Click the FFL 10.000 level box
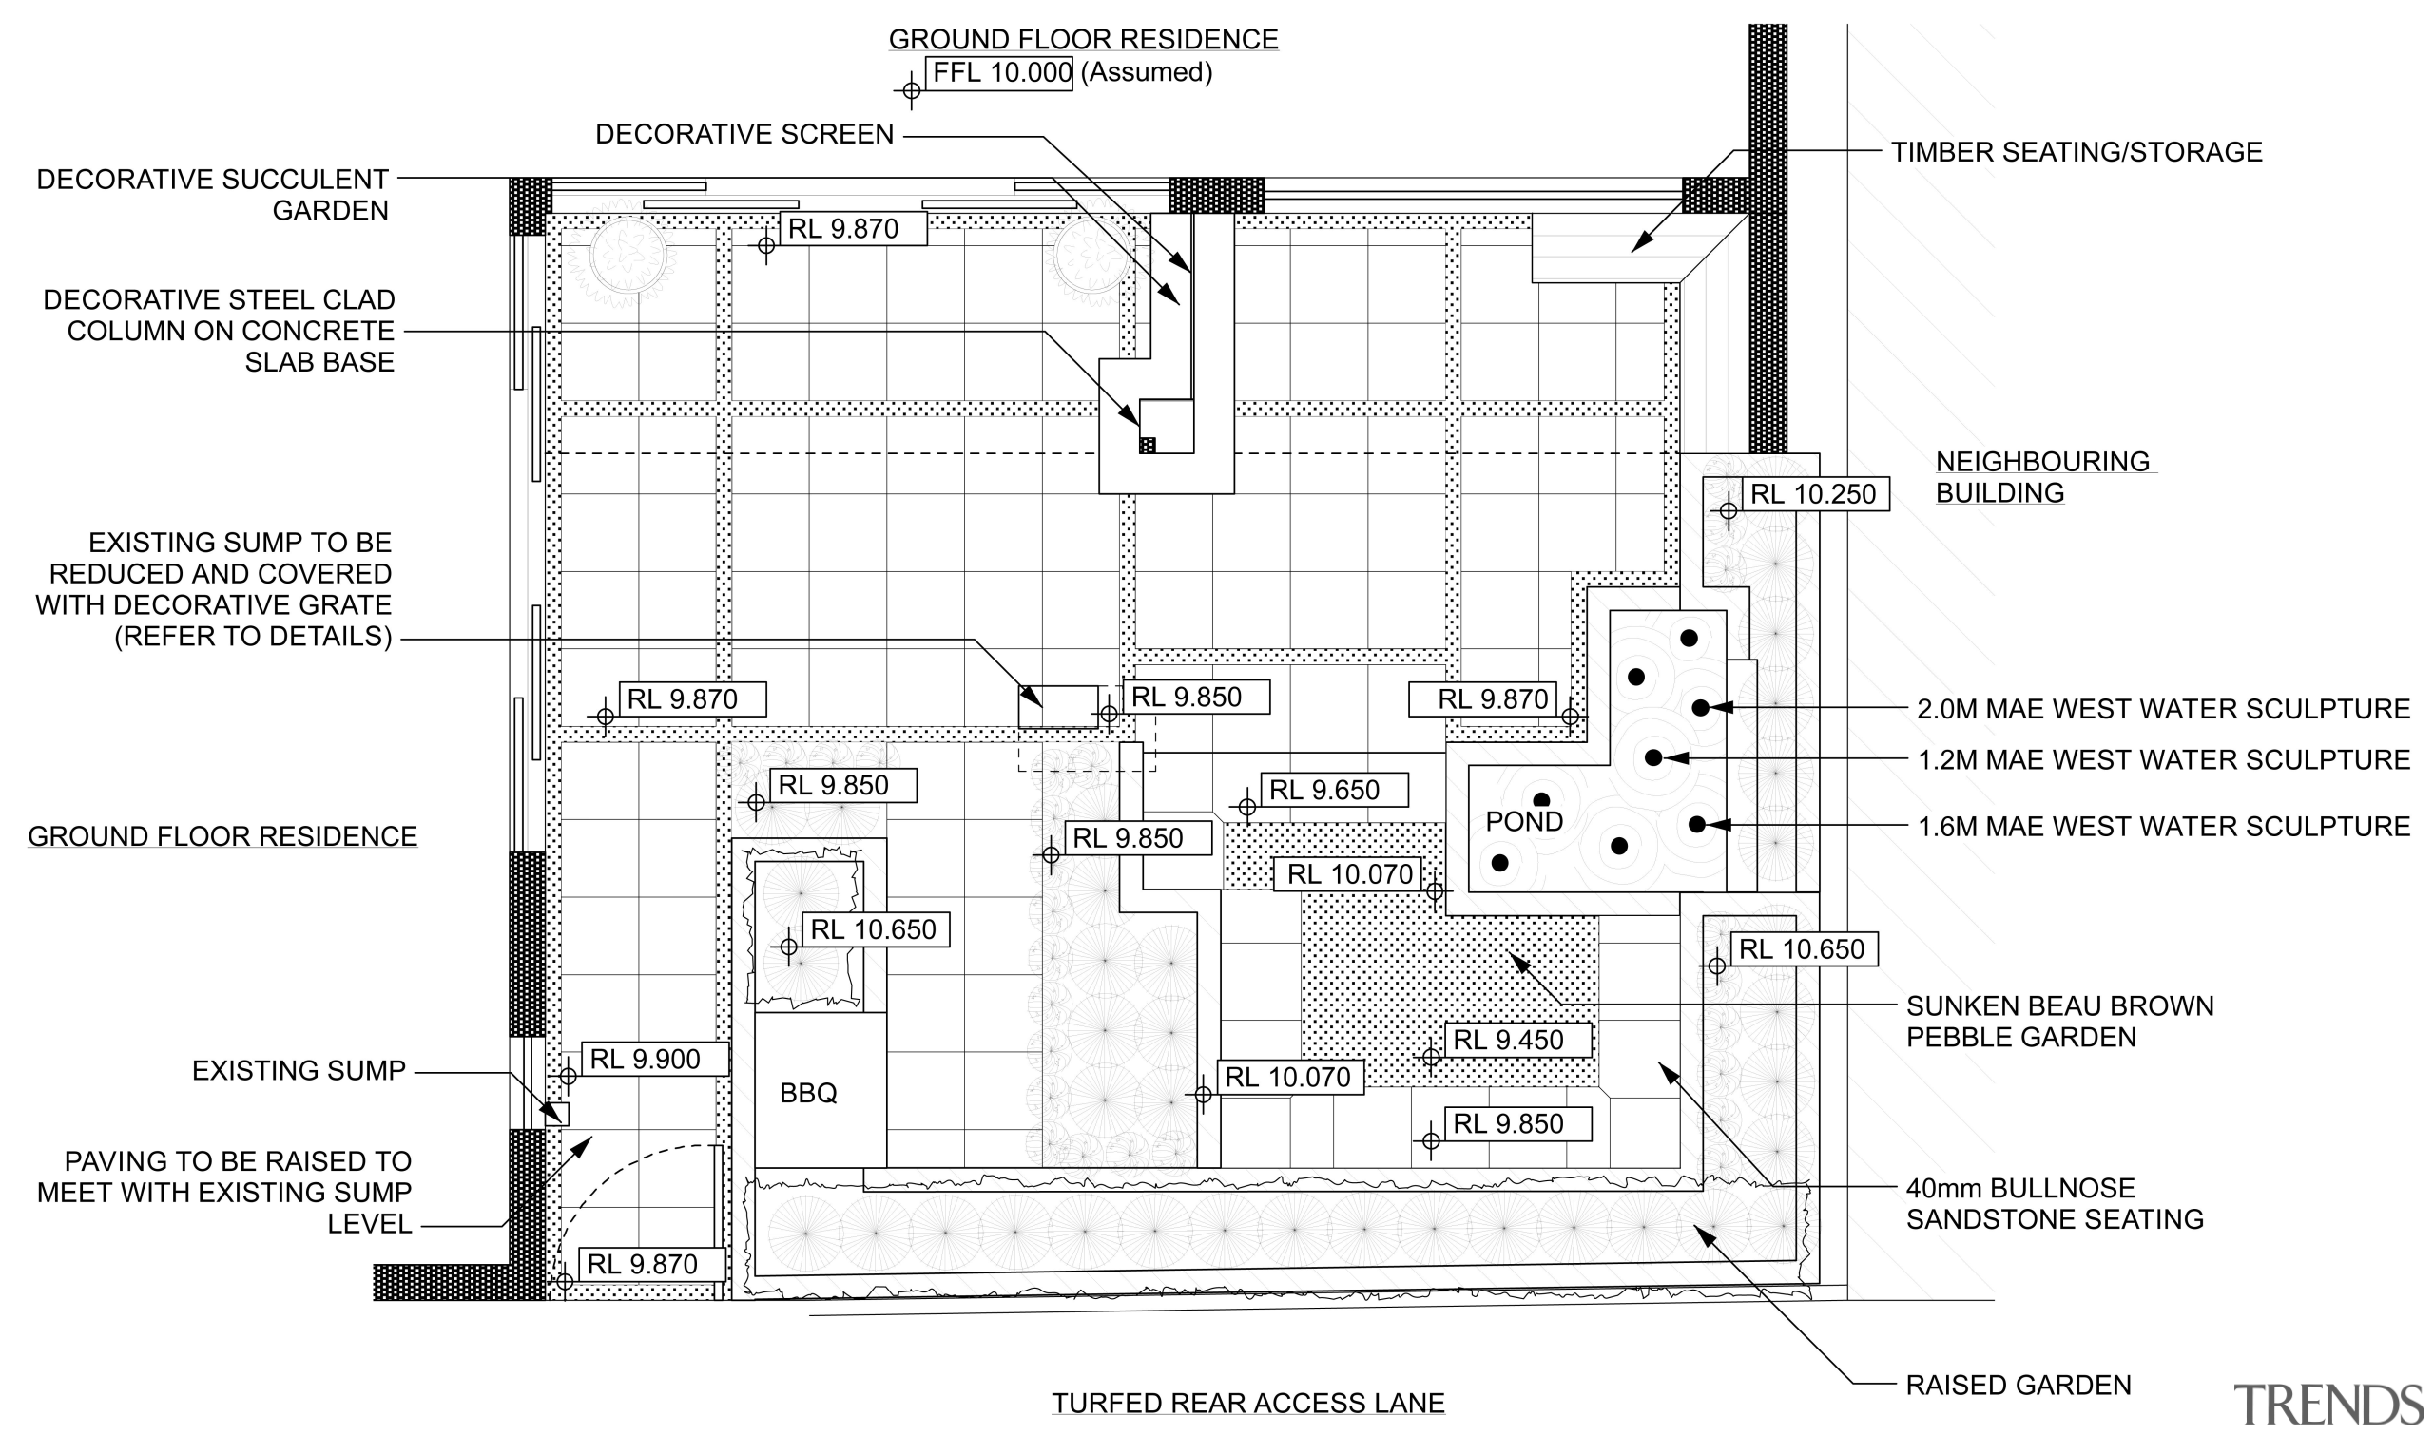[x=999, y=72]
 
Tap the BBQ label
[x=808, y=1093]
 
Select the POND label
[x=1524, y=821]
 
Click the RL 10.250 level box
[x=1814, y=494]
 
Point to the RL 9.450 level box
[x=1516, y=1040]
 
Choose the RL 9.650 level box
[x=1332, y=790]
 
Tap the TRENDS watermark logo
[x=2327, y=1404]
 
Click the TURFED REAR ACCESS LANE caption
[x=1248, y=1402]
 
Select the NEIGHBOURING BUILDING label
[x=2041, y=477]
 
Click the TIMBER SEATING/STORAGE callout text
[x=2077, y=152]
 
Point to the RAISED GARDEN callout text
[x=2018, y=1385]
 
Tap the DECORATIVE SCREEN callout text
[x=744, y=134]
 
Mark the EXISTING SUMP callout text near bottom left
[x=298, y=1070]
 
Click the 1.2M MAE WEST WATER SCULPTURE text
[x=2163, y=759]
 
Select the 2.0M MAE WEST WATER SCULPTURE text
[x=2163, y=709]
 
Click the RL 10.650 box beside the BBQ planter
[x=874, y=929]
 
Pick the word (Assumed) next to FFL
[x=1146, y=72]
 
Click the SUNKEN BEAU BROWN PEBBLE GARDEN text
[x=2058, y=1022]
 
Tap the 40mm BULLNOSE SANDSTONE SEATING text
[x=2054, y=1203]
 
